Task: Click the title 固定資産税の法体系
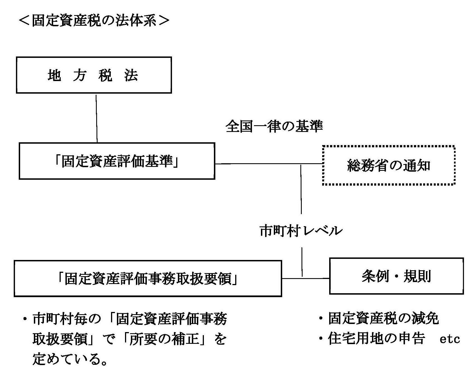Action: [94, 21]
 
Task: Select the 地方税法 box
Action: [94, 75]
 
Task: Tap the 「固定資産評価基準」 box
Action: [117, 161]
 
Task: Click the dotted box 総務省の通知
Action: [389, 165]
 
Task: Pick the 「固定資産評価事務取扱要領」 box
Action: [148, 278]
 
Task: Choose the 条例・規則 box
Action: [396, 276]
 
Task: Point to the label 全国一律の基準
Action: [274, 126]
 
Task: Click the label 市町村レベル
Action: [301, 231]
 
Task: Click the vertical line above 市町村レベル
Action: [301, 190]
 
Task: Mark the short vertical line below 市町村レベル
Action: [302, 262]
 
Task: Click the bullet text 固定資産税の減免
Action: [383, 318]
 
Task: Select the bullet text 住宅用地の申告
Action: [376, 339]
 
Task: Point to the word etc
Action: [450, 339]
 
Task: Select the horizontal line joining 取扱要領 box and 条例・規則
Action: [306, 278]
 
